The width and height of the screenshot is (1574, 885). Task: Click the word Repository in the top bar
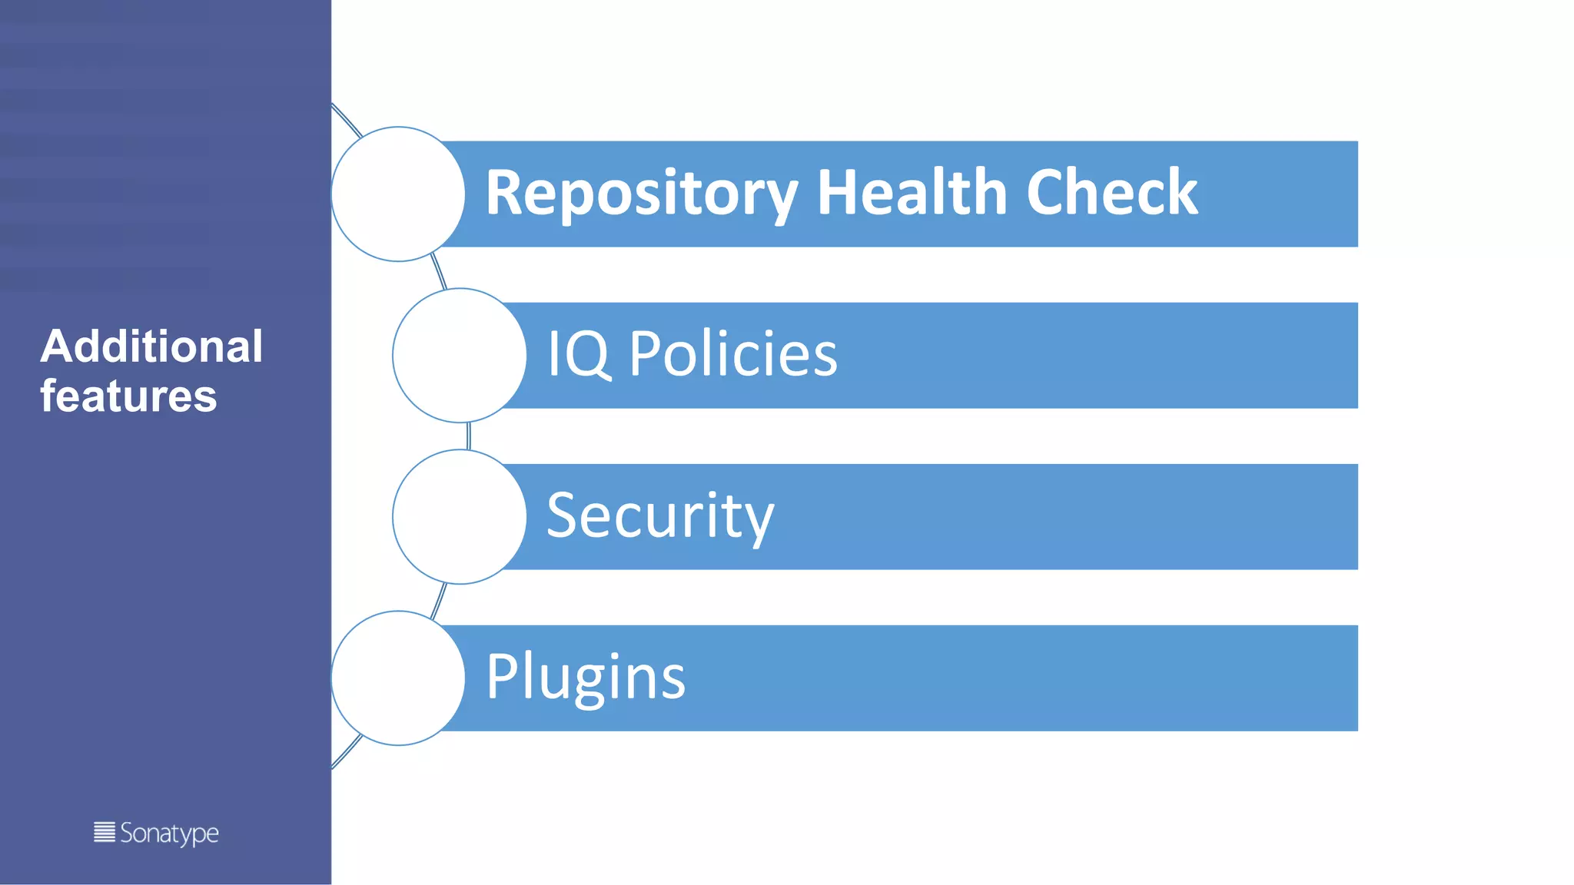point(642,193)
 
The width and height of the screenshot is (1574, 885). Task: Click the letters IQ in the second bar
point(579,354)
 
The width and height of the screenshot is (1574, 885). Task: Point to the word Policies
point(733,354)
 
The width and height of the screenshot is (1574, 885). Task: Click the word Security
point(659,516)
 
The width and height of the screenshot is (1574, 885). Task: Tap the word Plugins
point(586,678)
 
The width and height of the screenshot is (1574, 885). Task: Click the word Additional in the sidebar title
point(151,346)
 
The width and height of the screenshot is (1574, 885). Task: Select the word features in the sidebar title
point(128,396)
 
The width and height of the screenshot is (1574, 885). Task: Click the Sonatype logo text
point(169,834)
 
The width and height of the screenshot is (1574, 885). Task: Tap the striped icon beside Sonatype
point(105,832)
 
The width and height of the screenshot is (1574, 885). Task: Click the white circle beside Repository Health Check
point(398,194)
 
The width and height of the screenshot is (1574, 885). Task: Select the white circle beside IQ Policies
point(460,356)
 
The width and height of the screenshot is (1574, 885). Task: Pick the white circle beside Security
point(460,517)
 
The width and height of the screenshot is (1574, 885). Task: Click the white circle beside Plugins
point(398,678)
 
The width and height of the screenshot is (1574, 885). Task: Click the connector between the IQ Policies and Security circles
point(468,436)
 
